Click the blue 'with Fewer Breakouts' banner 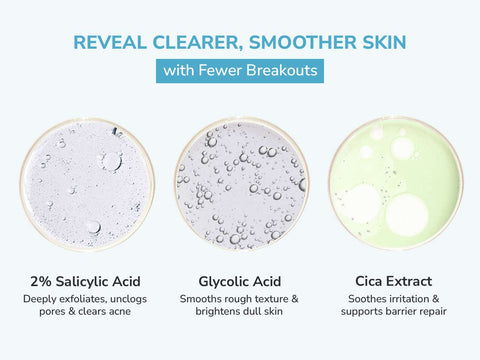(240, 72)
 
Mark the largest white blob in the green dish (407, 214)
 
